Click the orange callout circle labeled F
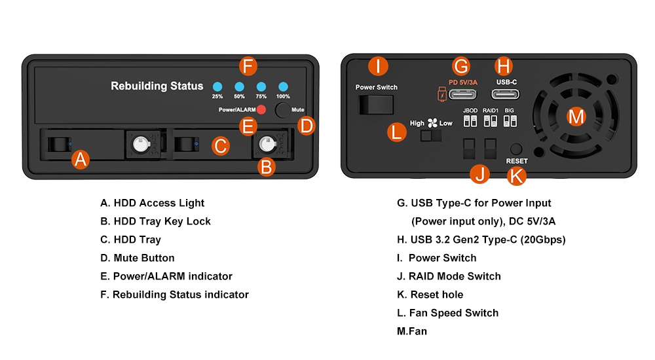(x=247, y=66)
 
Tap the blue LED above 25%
(x=217, y=86)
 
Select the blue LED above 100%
(x=284, y=86)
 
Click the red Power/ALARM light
(x=261, y=109)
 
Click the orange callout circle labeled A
(x=80, y=159)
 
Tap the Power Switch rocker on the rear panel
(x=376, y=105)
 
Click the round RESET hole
(x=517, y=149)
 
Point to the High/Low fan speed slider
(x=431, y=135)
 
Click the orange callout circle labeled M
(x=576, y=117)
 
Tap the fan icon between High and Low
(x=432, y=122)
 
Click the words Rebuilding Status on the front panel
(x=157, y=86)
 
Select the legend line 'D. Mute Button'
(x=138, y=258)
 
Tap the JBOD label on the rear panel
(x=470, y=111)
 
